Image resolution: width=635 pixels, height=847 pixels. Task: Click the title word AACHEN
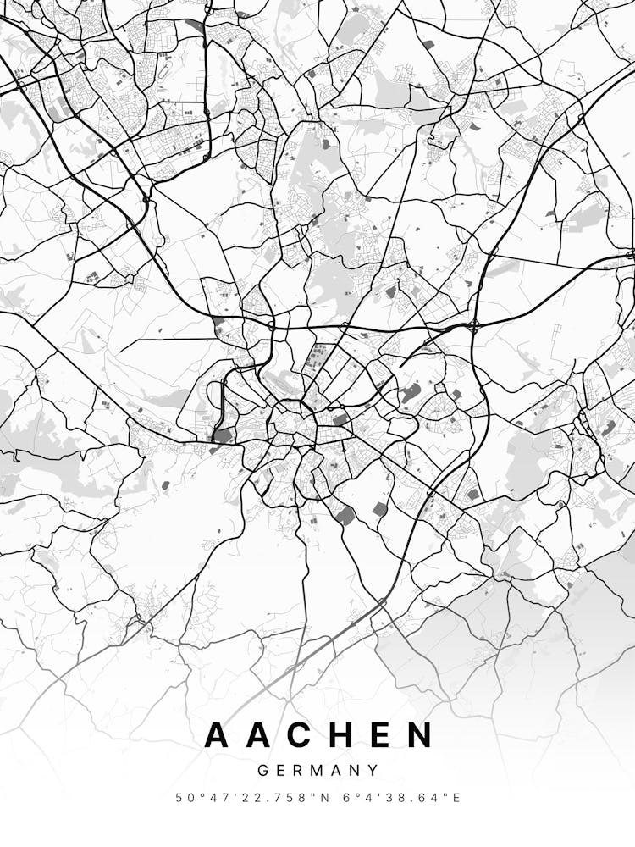pyautogui.click(x=319, y=735)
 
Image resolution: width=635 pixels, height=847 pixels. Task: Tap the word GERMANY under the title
pyautogui.click(x=317, y=771)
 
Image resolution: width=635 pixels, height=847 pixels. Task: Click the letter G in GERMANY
pyautogui.click(x=262, y=771)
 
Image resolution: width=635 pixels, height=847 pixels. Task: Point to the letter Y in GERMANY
pyautogui.click(x=373, y=771)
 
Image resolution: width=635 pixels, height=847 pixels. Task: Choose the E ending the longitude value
pyautogui.click(x=457, y=798)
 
